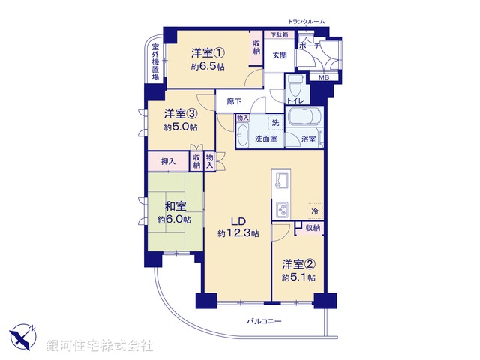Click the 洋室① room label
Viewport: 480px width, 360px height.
(208, 52)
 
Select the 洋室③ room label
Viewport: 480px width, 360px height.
(181, 114)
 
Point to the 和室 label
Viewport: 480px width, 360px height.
(174, 206)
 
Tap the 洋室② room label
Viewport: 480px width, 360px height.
(298, 264)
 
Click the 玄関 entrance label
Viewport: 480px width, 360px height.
(280, 55)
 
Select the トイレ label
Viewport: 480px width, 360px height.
(295, 99)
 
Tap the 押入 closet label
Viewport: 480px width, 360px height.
(168, 161)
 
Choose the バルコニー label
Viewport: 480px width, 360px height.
(263, 321)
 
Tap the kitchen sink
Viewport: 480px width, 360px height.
(282, 180)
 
